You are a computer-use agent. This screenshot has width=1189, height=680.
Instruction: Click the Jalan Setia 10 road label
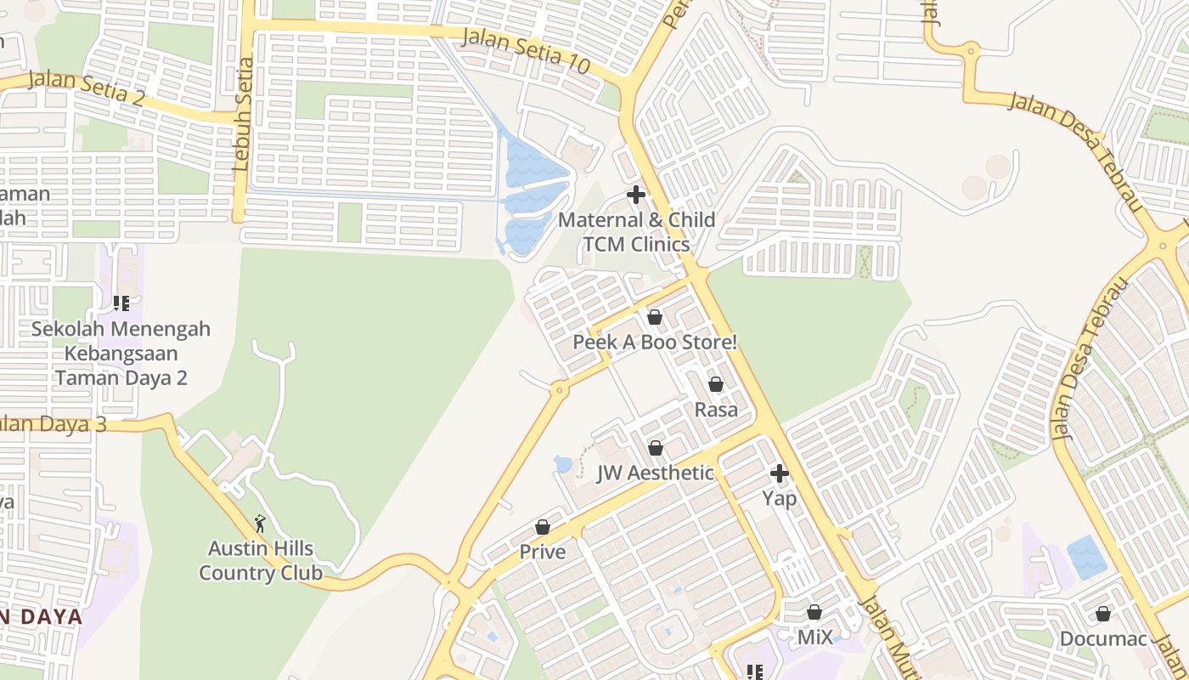(x=527, y=50)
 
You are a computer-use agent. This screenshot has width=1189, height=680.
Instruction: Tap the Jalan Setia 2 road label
(x=86, y=88)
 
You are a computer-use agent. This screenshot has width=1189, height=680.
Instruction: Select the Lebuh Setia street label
(x=243, y=114)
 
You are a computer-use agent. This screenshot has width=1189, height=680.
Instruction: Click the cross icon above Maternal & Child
(x=636, y=195)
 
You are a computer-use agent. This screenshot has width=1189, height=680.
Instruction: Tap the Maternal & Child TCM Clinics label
(x=636, y=232)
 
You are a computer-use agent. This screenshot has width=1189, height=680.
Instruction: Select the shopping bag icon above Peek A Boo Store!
(x=655, y=317)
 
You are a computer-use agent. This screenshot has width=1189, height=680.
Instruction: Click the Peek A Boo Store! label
(x=655, y=343)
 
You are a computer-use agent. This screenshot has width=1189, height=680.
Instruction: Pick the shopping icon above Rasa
(x=716, y=384)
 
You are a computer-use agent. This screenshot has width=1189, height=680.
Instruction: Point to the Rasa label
(x=716, y=410)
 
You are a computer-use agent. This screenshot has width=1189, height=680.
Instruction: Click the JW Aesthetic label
(x=655, y=473)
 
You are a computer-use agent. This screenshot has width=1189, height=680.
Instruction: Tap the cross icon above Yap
(x=780, y=473)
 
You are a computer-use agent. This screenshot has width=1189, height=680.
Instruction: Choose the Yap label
(x=780, y=498)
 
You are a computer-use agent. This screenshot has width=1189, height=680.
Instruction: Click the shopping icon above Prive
(x=543, y=527)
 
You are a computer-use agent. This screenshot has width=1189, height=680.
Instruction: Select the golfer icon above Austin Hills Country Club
(x=261, y=524)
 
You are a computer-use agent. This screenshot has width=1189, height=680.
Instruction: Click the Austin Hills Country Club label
(x=261, y=561)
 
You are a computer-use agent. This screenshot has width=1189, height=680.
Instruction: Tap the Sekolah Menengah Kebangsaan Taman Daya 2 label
(x=121, y=354)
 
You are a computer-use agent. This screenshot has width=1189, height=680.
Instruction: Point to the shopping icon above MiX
(x=814, y=612)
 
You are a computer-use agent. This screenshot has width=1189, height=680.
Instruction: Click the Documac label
(x=1103, y=639)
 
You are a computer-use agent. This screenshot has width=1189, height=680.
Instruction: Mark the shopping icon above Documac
(x=1103, y=614)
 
